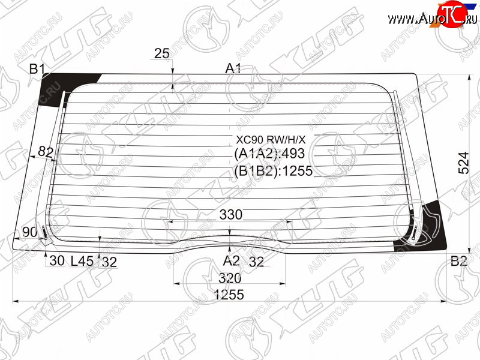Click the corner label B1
37,69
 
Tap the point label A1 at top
233,68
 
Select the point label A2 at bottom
231,261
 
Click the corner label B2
458,261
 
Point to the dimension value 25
161,53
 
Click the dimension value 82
46,152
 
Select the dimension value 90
29,232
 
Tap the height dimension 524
464,163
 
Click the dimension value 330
231,215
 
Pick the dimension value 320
230,278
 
